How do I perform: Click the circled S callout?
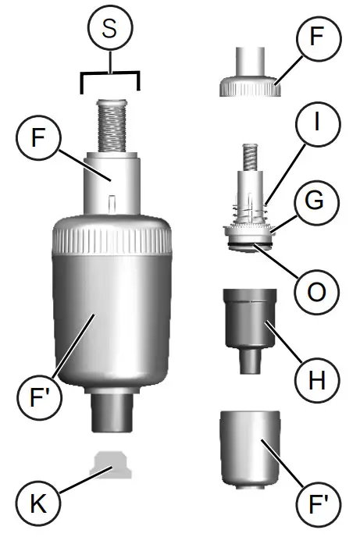[110, 30]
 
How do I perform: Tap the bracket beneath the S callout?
[110, 76]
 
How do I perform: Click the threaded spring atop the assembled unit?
[110, 125]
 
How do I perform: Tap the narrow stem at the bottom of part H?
[250, 360]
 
